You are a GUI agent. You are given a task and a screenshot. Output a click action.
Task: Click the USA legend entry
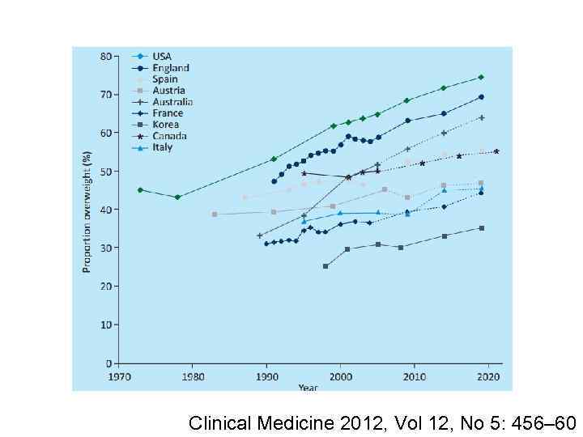coord(161,57)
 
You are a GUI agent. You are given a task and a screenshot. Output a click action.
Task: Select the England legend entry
coord(170,68)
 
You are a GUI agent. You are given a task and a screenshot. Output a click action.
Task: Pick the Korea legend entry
coord(167,125)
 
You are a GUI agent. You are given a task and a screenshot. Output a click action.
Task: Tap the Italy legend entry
coord(162,147)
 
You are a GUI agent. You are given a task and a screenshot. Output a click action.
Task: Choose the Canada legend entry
coord(169,136)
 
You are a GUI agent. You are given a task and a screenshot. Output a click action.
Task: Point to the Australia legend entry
coord(172,102)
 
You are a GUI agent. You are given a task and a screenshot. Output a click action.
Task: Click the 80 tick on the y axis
coord(106,56)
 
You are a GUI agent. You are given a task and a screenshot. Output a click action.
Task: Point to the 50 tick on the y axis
coord(106,172)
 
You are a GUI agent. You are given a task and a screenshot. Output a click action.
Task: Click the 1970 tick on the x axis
coord(119,377)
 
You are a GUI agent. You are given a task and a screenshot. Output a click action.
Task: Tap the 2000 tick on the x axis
coord(340,377)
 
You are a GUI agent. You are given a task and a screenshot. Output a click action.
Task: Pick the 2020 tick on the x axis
coord(487,377)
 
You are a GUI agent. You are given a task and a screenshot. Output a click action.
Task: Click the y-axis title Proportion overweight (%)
coord(87,210)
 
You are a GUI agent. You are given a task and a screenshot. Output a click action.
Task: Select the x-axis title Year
coord(308,387)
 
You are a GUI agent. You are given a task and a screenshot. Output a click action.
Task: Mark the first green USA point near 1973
coord(140,190)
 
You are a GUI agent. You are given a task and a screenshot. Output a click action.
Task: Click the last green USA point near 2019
coord(481,78)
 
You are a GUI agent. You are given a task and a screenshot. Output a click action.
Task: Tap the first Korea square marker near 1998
coord(326,266)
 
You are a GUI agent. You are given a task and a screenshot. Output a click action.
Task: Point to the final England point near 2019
coord(481,97)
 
